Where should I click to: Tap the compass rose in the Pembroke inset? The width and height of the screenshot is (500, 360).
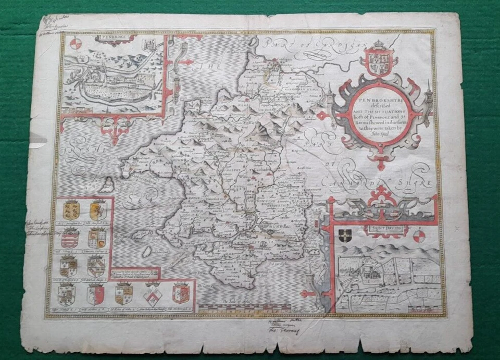click(x=76, y=44)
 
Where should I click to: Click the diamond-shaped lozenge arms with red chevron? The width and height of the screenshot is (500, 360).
click(x=153, y=295)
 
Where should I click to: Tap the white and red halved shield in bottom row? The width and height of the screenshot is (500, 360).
click(x=96, y=295)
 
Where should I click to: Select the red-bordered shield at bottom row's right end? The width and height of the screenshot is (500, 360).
click(x=180, y=293)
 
